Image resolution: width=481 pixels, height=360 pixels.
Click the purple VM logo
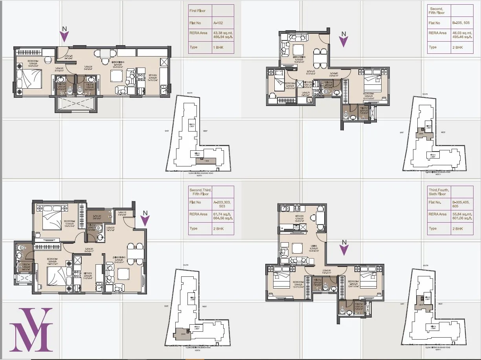pyautogui.click(x=31, y=330)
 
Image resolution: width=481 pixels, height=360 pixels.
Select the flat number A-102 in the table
pyautogui.click(x=218, y=23)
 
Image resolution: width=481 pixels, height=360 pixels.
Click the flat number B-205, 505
pyautogui.click(x=461, y=23)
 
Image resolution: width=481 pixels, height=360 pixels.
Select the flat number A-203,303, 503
pyautogui.click(x=222, y=204)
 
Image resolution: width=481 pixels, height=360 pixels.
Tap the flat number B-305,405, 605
pyautogui.click(x=461, y=204)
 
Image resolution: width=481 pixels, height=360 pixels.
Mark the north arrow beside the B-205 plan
pyautogui.click(x=344, y=40)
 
